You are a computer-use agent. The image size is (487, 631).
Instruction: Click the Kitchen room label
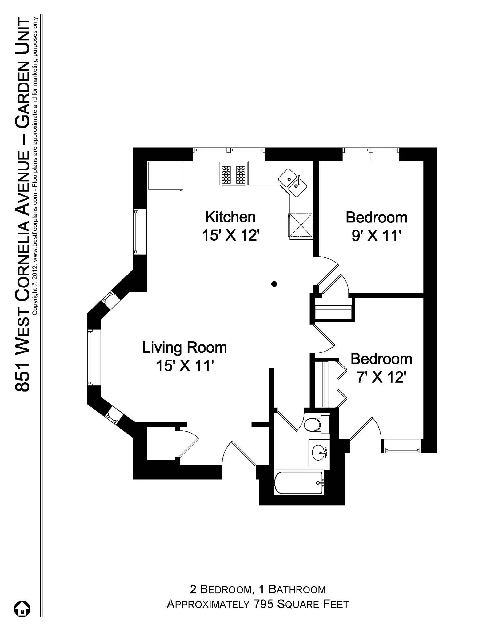click(230, 217)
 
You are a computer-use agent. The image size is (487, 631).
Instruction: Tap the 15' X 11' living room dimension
click(185, 366)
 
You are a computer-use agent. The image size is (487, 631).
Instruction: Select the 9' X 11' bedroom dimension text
click(376, 236)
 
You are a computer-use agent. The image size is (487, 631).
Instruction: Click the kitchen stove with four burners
click(234, 174)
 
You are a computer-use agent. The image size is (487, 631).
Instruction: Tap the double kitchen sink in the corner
click(293, 182)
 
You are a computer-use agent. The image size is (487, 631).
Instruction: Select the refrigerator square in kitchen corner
click(166, 176)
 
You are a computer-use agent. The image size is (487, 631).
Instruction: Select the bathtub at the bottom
click(299, 483)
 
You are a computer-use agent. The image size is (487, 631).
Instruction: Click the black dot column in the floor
click(274, 284)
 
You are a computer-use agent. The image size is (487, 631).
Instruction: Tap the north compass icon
click(22, 609)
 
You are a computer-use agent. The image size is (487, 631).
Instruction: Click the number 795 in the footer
click(264, 604)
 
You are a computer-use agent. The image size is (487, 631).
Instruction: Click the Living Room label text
click(185, 348)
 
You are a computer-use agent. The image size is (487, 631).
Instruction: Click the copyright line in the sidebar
click(35, 166)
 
